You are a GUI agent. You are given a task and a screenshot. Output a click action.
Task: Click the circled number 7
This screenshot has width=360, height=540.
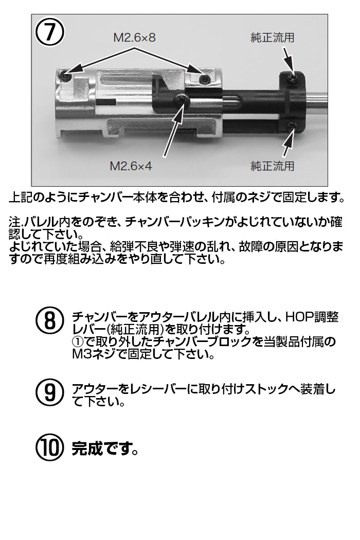point(50,32)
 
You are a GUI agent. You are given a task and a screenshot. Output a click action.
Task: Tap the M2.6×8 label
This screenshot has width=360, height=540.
point(134,37)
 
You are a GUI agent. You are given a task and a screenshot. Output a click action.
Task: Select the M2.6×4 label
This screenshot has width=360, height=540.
point(131,166)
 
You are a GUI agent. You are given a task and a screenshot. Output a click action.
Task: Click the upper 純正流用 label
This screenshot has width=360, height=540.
point(273,37)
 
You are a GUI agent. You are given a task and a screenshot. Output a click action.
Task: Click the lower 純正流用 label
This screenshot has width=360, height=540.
point(273,166)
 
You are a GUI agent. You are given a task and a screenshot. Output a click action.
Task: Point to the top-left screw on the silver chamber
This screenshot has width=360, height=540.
point(64,76)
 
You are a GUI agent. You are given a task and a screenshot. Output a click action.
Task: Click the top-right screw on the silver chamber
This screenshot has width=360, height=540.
point(205,80)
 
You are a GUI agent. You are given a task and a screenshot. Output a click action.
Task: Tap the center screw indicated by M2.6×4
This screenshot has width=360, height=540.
point(182,99)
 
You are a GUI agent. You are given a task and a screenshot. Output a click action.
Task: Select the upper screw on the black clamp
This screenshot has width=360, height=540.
point(292,78)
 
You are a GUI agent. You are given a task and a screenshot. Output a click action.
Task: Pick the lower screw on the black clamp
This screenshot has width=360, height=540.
point(292,126)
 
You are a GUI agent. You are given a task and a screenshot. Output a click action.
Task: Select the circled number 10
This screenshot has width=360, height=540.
point(50,447)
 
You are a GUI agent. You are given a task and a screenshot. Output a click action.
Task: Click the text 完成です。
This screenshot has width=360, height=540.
point(105,448)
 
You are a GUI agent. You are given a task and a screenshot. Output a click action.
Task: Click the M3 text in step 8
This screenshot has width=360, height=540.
point(80,354)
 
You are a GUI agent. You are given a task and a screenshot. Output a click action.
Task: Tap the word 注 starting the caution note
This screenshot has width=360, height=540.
point(14,222)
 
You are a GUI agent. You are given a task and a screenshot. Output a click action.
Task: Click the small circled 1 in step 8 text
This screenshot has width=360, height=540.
point(78,341)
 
